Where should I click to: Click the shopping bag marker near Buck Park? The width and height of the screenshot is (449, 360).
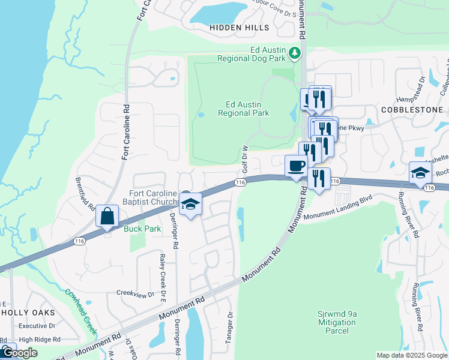pyautogui.click(x=107, y=217)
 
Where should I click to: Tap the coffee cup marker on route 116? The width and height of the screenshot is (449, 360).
pyautogui.click(x=295, y=166)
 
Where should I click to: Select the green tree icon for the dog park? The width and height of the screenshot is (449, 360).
pyautogui.click(x=294, y=54)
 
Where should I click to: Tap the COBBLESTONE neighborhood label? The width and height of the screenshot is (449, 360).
pyautogui.click(x=412, y=110)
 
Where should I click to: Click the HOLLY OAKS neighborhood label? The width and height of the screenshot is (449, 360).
pyautogui.click(x=29, y=313)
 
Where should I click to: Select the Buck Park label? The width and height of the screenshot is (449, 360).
pyautogui.click(x=137, y=229)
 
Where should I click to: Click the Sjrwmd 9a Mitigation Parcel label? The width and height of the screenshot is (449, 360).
pyautogui.click(x=337, y=322)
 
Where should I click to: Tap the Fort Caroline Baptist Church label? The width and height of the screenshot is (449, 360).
pyautogui.click(x=152, y=197)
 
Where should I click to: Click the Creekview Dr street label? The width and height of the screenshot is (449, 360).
pyautogui.click(x=135, y=294)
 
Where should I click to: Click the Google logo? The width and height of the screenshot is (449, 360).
pyautogui.click(x=19, y=353)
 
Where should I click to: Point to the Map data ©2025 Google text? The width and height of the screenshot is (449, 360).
pyautogui.click(x=412, y=355)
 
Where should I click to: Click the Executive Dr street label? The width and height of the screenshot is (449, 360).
pyautogui.click(x=37, y=326)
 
